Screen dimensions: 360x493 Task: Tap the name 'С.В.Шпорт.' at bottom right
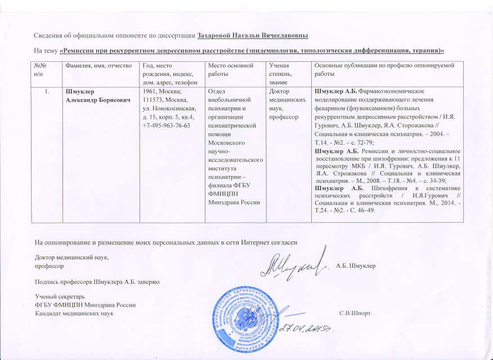tap(355, 313)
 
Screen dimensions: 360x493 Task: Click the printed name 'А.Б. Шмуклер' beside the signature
tap(356, 265)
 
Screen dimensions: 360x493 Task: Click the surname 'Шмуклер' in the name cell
tap(80, 92)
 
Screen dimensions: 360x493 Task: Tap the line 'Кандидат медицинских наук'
tap(74, 313)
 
